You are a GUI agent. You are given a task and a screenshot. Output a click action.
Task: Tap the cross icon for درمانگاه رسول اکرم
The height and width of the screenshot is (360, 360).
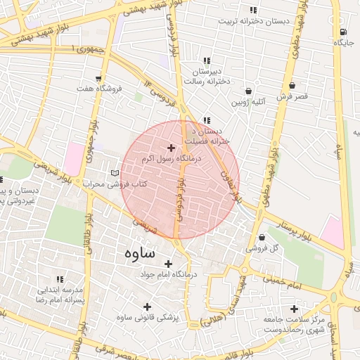(171, 148)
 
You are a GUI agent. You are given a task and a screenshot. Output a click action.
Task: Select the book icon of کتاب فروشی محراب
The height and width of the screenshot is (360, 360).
(115, 173)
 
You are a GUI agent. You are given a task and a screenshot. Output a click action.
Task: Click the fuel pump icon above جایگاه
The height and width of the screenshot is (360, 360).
(342, 32)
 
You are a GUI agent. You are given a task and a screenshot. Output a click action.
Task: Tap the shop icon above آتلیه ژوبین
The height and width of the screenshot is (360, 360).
(249, 91)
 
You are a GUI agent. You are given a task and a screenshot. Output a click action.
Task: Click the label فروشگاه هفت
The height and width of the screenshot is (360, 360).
(99, 89)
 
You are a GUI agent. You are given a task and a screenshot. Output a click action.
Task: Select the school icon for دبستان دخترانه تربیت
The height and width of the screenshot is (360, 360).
(253, 10)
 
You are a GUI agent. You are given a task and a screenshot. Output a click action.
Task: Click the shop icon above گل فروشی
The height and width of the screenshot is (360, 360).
(262, 238)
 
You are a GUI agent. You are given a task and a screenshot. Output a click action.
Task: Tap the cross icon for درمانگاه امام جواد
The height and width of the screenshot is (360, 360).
(167, 264)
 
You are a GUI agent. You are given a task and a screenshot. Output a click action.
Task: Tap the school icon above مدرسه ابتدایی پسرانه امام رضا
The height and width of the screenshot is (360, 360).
(60, 279)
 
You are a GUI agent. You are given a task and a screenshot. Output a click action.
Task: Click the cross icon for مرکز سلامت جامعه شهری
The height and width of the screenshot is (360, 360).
(294, 309)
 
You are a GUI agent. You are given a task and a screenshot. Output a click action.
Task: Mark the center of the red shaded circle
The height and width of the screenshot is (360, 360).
(181, 179)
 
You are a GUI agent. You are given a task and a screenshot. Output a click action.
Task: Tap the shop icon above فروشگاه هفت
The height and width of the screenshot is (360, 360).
(98, 79)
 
